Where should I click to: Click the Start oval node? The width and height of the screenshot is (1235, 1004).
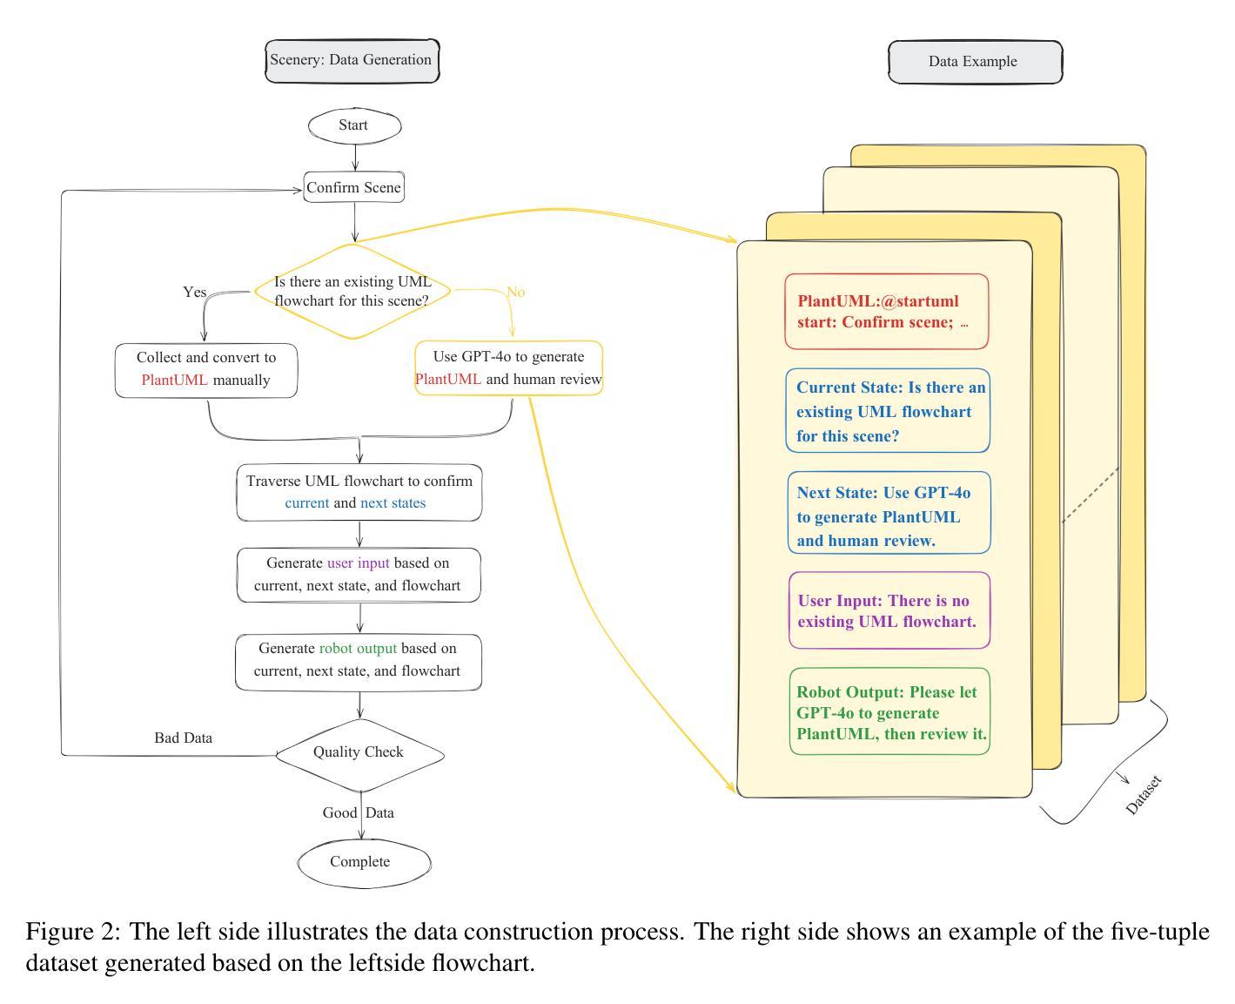pos(354,125)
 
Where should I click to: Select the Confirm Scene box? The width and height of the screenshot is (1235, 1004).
pos(353,187)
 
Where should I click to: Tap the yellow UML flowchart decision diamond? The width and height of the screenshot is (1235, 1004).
pos(352,291)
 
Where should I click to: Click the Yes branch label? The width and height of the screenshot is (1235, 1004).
pos(195,292)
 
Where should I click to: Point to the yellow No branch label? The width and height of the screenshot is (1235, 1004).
pos(515,292)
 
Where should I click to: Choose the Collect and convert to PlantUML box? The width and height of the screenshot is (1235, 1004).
pos(206,371)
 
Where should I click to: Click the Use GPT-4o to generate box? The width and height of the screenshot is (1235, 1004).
pos(508,367)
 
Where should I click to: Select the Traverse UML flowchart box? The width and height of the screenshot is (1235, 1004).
pos(359,493)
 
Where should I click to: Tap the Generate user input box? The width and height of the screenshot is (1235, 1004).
pos(359,575)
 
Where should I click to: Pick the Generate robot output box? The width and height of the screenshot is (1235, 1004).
pos(359,662)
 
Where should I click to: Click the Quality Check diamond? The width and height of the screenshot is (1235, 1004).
pos(360,755)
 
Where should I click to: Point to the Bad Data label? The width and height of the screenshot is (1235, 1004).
pos(184,738)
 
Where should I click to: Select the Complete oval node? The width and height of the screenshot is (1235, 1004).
pos(364,863)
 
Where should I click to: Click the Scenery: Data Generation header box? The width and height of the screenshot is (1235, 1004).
pos(352,61)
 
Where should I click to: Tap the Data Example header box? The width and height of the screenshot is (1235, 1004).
pos(976,62)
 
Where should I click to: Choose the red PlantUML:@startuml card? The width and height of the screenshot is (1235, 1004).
pos(887,312)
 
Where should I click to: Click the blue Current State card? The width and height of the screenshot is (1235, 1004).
pos(888,411)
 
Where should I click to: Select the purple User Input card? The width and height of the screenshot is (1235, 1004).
pos(889,610)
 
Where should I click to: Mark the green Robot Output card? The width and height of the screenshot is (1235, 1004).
pos(889,711)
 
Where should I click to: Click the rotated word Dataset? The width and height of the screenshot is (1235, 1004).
pos(1144,795)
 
